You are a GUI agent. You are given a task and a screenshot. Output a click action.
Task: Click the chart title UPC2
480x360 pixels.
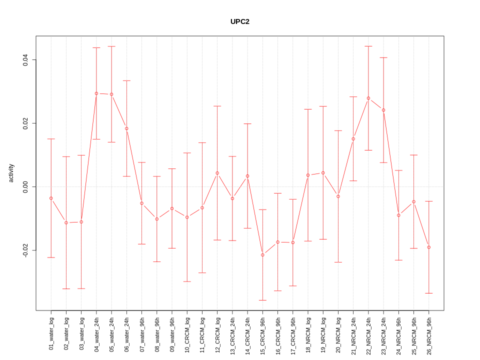pyautogui.click(x=239, y=22)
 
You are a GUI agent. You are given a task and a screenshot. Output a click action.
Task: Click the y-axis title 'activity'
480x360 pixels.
pyautogui.click(x=11, y=173)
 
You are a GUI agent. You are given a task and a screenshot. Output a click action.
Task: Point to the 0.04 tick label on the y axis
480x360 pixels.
pyautogui.click(x=25, y=60)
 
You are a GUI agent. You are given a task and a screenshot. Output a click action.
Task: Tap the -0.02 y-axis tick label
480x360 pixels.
pyautogui.click(x=25, y=250)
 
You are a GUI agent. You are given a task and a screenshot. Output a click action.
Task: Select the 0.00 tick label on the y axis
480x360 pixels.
pyautogui.click(x=25, y=186)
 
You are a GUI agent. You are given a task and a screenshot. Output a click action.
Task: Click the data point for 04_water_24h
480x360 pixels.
pyautogui.click(x=96, y=93)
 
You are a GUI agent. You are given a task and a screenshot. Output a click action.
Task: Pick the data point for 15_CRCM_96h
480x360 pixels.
pyautogui.click(x=262, y=255)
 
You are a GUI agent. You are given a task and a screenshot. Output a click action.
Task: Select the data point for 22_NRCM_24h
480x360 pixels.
pyautogui.click(x=368, y=98)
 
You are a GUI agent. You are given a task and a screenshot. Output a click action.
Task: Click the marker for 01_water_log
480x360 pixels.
pyautogui.click(x=51, y=198)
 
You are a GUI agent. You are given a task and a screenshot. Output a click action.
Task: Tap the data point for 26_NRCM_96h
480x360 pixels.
pyautogui.click(x=429, y=247)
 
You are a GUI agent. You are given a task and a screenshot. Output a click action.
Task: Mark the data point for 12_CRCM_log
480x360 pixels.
pyautogui.click(x=217, y=173)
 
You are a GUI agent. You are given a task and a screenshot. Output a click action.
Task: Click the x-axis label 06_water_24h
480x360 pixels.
pyautogui.click(x=127, y=332)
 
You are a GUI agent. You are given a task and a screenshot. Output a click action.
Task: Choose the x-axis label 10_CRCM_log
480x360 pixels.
pyautogui.click(x=187, y=332)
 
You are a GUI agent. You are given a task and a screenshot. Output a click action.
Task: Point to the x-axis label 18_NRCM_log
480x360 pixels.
pyautogui.click(x=308, y=332)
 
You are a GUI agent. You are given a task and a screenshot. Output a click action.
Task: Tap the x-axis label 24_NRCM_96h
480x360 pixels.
pyautogui.click(x=399, y=332)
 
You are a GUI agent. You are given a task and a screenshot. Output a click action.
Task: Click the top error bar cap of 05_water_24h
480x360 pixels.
pyautogui.click(x=111, y=46)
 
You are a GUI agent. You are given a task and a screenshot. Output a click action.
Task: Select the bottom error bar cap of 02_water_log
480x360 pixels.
pyautogui.click(x=66, y=288)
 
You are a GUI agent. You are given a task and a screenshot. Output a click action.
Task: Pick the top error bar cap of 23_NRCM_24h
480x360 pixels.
pyautogui.click(x=383, y=57)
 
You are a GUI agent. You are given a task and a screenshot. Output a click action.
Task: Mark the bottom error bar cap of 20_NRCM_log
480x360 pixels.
pyautogui.click(x=338, y=262)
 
